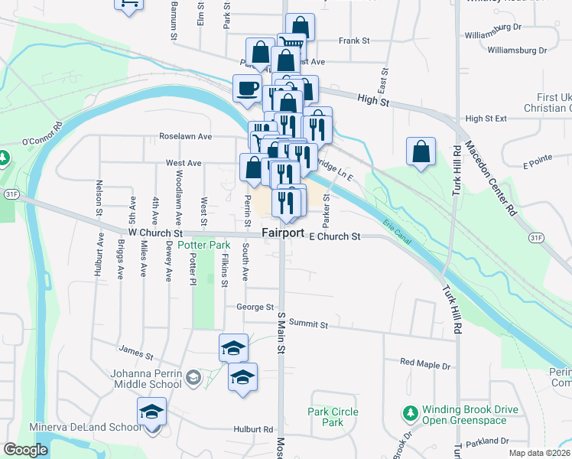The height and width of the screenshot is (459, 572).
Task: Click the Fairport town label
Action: pos(283,233)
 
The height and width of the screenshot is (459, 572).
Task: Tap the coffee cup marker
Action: pos(247,90)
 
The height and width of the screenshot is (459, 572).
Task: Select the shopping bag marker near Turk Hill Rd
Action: pos(421,151)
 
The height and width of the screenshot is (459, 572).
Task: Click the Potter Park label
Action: pos(204,245)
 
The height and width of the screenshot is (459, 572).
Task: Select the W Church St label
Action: pos(155,232)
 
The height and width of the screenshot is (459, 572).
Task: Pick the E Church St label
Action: pos(334,237)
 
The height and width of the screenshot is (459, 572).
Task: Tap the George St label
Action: pos(255,307)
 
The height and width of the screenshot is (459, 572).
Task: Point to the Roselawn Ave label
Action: pos(185,136)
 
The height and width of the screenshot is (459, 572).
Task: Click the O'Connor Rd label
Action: pos(41,136)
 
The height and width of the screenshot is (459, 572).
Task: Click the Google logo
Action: pos(25,450)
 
